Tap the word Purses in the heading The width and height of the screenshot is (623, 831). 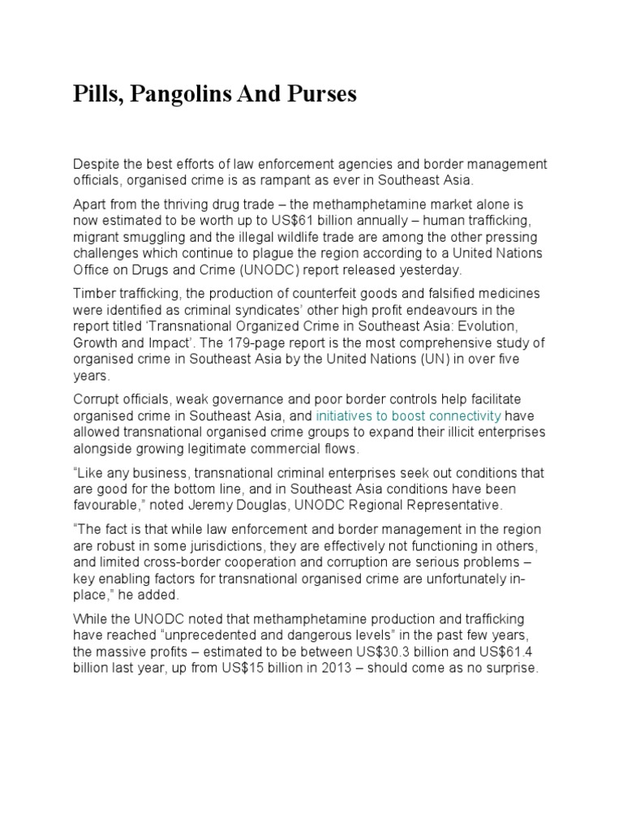323,96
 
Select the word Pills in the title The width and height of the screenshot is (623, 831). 96,96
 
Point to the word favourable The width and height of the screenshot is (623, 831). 108,505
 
